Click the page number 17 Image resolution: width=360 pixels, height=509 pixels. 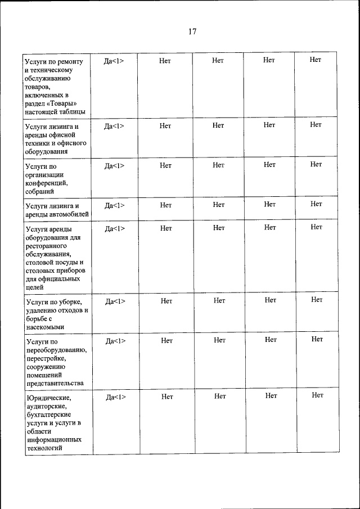192,31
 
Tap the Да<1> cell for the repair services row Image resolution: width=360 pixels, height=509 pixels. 114,61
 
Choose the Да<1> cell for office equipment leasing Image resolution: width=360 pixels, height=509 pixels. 114,126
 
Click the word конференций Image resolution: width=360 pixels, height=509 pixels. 46,183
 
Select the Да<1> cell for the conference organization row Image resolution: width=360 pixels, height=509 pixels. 114,165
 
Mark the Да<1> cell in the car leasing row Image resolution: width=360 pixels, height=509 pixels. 115,205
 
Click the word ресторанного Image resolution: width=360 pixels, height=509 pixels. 47,246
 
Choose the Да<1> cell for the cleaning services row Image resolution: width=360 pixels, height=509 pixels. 115,301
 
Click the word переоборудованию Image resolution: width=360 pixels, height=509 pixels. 56,349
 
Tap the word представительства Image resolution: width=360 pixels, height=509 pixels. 55,383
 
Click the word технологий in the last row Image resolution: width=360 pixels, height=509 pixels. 44,448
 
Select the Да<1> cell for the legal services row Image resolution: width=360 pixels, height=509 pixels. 116,397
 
